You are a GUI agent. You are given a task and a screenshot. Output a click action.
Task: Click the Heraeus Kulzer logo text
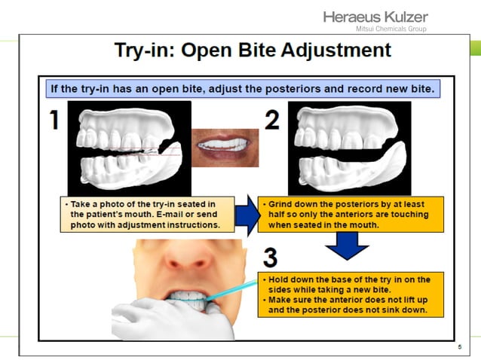point(375,17)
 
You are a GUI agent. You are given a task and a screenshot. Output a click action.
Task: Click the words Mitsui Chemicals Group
point(391,29)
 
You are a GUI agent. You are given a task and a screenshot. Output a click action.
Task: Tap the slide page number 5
point(459,347)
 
